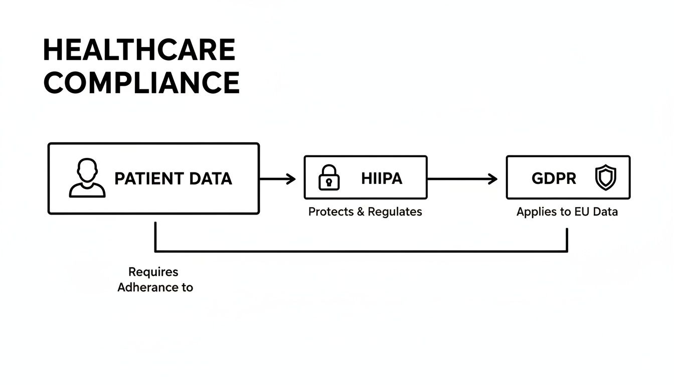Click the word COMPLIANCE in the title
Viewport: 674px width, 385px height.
click(141, 83)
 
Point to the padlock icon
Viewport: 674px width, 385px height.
click(329, 178)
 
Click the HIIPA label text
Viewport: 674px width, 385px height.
click(382, 178)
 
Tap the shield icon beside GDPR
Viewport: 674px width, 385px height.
click(605, 178)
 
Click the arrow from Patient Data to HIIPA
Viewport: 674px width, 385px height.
click(278, 178)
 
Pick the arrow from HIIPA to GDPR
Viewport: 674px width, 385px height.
click(462, 178)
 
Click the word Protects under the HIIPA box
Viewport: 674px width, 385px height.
click(330, 212)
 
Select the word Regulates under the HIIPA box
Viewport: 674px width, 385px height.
click(395, 212)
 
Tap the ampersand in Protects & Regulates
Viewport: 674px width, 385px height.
click(361, 212)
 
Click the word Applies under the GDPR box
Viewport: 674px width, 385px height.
click(537, 212)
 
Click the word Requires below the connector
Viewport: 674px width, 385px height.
click(153, 272)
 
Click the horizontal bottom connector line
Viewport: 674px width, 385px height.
click(361, 251)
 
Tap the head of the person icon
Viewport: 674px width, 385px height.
click(87, 169)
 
